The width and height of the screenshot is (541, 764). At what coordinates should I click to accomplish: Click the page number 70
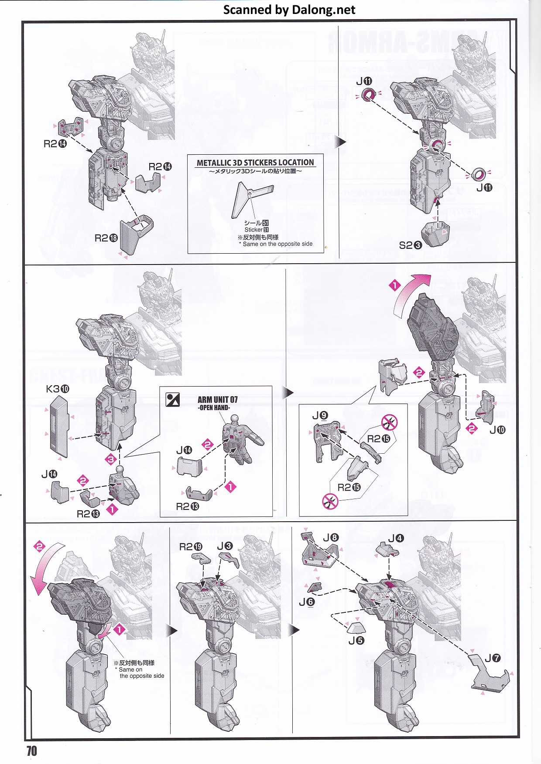coord(32,750)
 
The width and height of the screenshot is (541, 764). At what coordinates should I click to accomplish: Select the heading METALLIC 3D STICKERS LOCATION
coord(255,163)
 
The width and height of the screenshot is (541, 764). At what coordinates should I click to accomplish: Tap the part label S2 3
coord(411,245)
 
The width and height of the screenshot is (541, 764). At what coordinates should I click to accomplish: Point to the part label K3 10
coord(58,389)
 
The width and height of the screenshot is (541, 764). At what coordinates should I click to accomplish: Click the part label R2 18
coord(106,238)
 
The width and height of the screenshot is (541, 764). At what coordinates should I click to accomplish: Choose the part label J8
coord(331,537)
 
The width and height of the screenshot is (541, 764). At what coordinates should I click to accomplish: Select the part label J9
coord(320,415)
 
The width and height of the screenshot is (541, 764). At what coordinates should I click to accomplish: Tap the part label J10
coord(497,430)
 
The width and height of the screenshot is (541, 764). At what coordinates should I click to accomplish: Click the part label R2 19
coord(191,547)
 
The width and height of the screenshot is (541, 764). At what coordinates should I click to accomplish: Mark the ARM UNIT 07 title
coord(217,400)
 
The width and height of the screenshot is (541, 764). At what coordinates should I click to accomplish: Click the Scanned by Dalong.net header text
coord(289,10)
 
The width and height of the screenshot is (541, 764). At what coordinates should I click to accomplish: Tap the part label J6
coord(307,602)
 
